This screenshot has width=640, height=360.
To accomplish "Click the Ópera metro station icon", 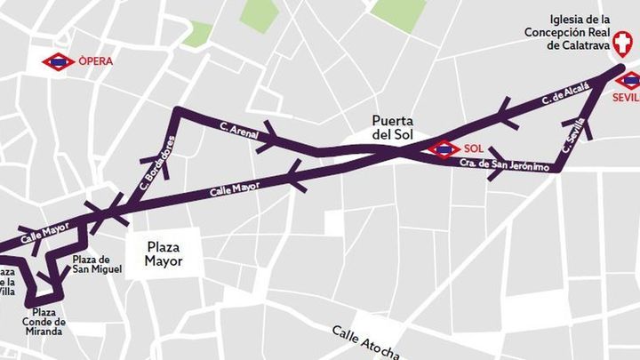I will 59,62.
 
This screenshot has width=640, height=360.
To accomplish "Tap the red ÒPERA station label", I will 95,62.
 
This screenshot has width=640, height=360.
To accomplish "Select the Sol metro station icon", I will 444,149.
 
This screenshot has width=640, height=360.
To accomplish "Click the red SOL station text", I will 473,148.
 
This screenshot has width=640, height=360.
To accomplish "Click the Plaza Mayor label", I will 164,254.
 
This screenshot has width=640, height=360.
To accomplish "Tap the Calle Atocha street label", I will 365,343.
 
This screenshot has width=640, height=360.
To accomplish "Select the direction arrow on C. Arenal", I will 270,137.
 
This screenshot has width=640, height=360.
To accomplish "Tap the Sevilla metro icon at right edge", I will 631,81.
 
